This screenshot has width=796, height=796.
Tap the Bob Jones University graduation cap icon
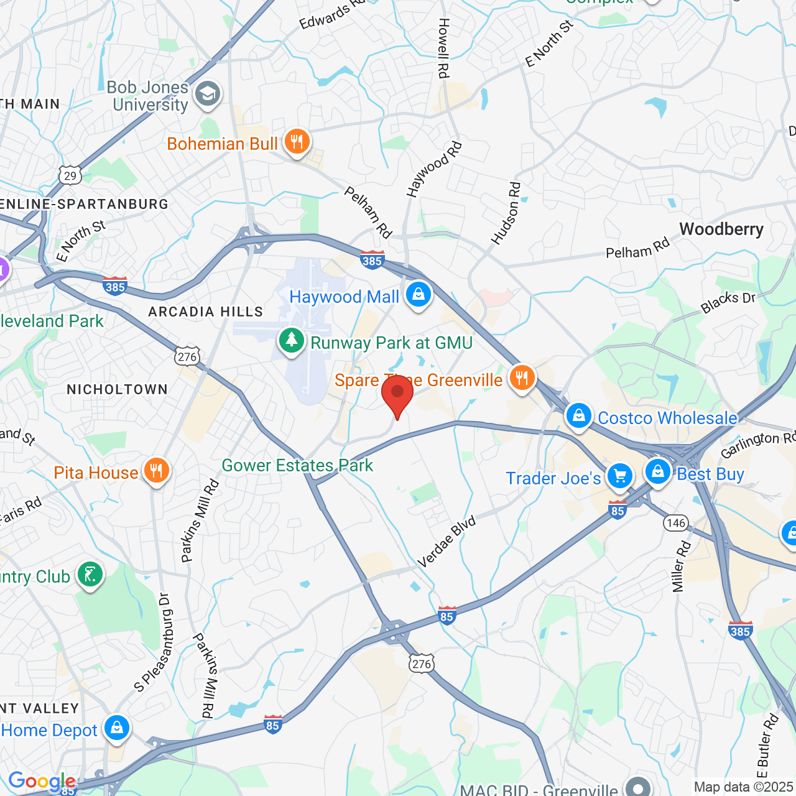(207, 95)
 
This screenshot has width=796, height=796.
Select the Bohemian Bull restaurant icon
(297, 142)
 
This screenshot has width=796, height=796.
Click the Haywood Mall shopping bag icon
(419, 295)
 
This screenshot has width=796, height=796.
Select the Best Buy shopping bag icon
(658, 473)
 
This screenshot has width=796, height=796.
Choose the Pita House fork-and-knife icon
(157, 471)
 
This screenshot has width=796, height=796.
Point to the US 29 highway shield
(71, 176)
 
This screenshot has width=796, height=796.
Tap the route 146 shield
(676, 522)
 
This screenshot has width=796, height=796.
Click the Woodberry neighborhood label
(721, 229)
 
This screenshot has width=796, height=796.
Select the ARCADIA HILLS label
(205, 312)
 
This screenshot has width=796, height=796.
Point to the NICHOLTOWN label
(118, 390)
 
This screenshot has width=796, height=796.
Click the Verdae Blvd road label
(447, 541)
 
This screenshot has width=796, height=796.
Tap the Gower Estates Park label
(297, 465)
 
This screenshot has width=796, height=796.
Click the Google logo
(42, 782)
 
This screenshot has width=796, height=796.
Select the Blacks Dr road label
(728, 302)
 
